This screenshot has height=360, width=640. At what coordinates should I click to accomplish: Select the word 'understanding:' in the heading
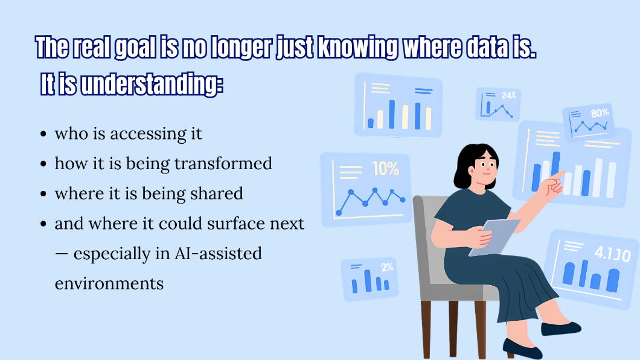[152, 85]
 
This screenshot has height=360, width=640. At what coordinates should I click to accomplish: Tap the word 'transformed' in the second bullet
[223, 164]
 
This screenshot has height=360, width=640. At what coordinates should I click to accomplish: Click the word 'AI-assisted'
[219, 254]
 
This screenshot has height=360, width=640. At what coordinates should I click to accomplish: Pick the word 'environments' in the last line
[109, 284]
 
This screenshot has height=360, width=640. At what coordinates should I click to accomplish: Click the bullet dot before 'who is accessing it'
[43, 134]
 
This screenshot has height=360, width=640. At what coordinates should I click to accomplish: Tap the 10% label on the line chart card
[386, 169]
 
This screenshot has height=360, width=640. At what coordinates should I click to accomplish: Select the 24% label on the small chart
[509, 95]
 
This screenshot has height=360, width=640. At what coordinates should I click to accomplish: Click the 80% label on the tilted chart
[600, 113]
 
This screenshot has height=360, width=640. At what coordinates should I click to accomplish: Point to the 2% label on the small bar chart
[388, 268]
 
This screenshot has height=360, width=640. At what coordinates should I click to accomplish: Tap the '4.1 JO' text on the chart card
[612, 254]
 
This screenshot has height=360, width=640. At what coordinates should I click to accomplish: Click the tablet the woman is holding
[494, 237]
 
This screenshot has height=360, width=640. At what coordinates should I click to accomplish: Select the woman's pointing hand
[554, 183]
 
